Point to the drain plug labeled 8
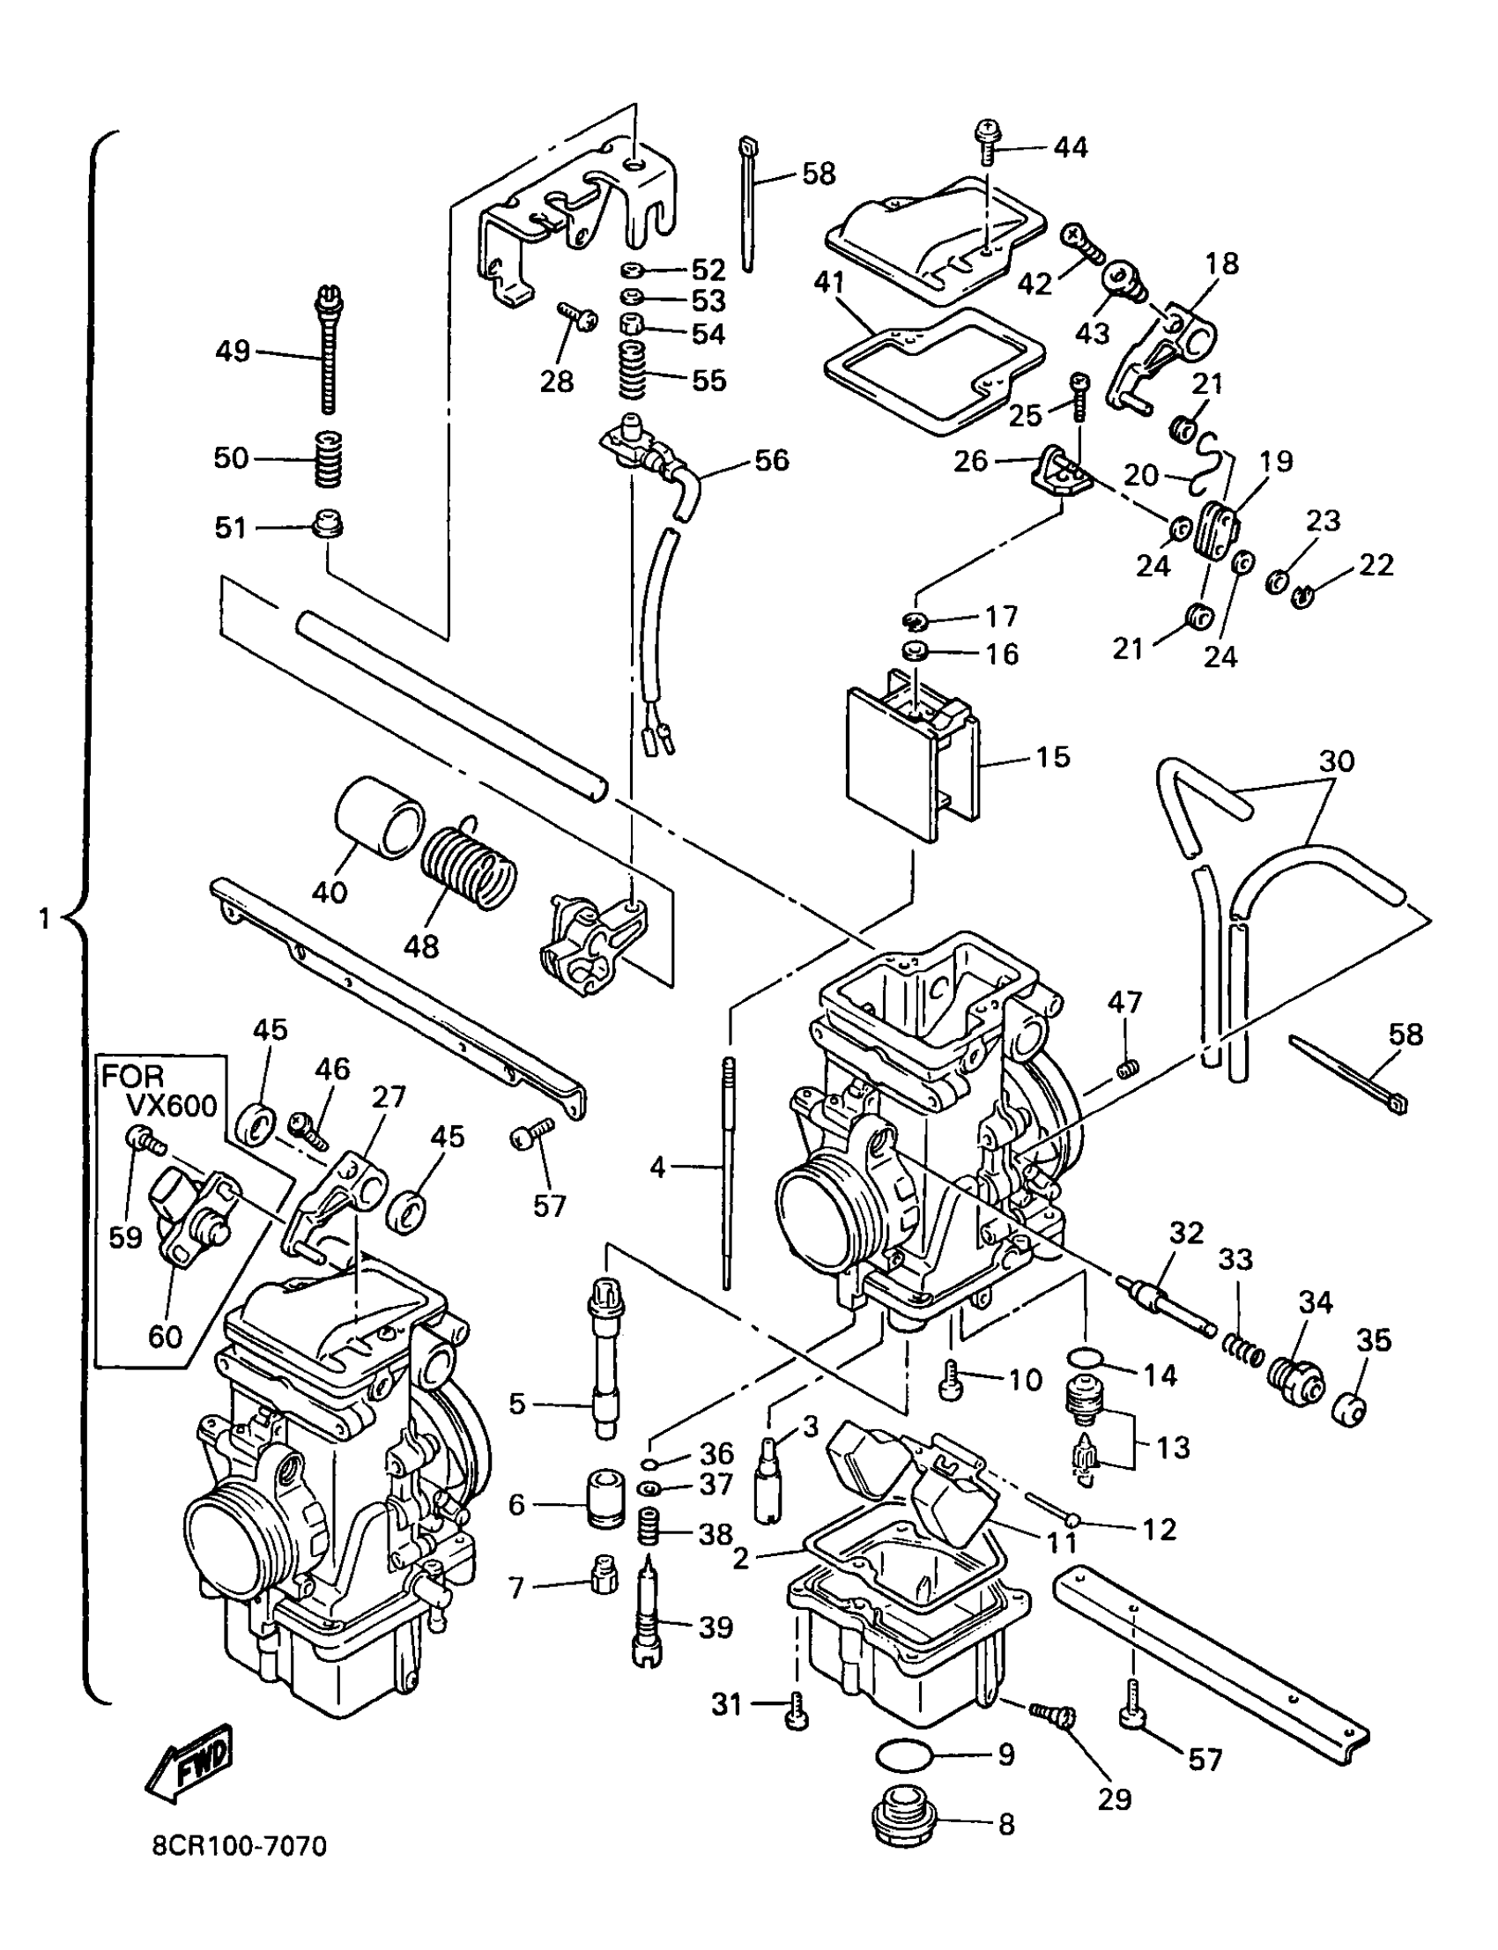click(902, 1818)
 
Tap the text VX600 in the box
click(171, 1107)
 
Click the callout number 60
click(166, 1336)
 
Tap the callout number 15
click(1052, 757)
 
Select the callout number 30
click(1336, 760)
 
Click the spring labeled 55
click(641, 368)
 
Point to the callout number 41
click(829, 283)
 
